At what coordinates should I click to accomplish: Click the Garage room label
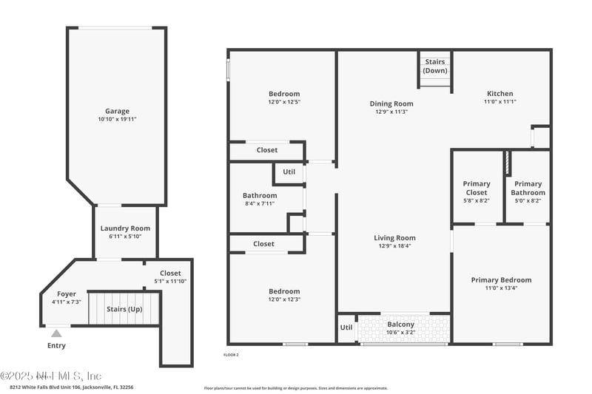tap(117, 111)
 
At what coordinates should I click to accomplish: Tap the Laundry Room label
tap(125, 228)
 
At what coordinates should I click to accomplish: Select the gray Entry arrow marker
tap(56, 333)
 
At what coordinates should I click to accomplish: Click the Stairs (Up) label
tap(124, 309)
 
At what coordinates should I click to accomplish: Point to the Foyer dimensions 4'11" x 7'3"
tap(67, 302)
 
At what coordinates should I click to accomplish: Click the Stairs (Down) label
tap(435, 66)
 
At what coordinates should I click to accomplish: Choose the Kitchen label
tap(499, 94)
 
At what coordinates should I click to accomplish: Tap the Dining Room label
tap(391, 103)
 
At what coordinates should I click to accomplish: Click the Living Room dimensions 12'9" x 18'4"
tap(394, 246)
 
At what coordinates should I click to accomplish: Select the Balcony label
tap(401, 325)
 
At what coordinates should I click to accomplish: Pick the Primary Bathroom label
tap(528, 188)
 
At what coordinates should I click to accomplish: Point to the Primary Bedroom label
tap(501, 280)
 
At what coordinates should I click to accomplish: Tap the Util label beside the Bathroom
tap(289, 171)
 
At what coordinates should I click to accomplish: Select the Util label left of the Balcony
tap(346, 327)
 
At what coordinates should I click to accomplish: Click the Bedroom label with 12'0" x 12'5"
tap(284, 94)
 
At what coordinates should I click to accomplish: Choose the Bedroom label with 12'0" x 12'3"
tap(284, 291)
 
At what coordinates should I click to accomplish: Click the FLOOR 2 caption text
tap(231, 355)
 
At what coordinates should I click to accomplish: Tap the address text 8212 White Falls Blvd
tap(71, 387)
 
